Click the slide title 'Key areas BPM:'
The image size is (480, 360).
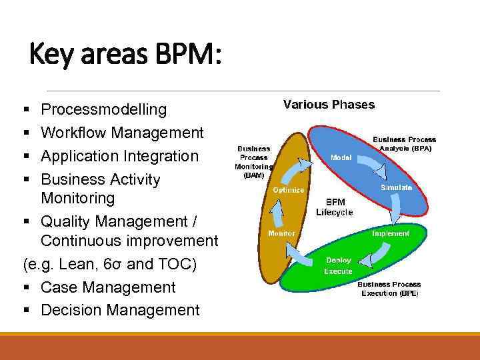point(125,55)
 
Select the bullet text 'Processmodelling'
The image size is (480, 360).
point(103,109)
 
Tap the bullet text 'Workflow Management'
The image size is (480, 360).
point(122,133)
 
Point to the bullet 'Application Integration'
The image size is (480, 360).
point(119,156)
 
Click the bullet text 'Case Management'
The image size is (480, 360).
point(108,287)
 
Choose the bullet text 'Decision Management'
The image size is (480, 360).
point(120,310)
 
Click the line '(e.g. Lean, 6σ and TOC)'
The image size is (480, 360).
point(110,265)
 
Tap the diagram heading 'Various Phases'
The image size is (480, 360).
point(329,105)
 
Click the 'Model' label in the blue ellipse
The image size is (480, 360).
point(341,158)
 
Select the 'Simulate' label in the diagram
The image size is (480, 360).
point(396,188)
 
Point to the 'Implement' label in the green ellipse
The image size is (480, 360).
point(391,233)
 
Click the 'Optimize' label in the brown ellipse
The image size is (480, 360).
point(288,190)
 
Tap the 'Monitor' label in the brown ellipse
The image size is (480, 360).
point(281,233)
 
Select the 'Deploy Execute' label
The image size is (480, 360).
point(338,266)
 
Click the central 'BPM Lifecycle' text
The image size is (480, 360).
point(334,207)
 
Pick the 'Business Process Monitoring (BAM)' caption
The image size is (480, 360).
point(253,162)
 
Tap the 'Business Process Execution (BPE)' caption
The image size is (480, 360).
point(389,289)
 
